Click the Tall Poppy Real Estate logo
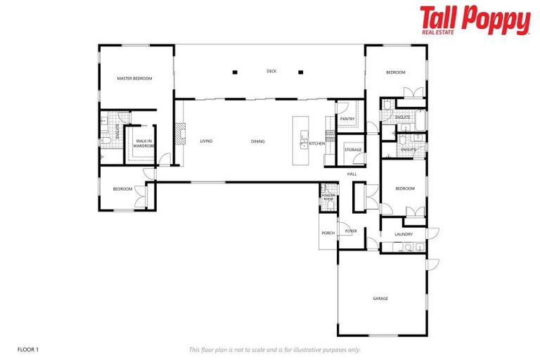475,20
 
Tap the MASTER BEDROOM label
134,79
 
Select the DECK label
271,71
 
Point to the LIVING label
206,141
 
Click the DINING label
258,141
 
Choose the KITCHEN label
317,143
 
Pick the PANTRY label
347,120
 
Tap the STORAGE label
353,150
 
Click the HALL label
352,174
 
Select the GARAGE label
380,299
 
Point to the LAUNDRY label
403,234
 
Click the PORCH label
328,233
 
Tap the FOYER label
350,231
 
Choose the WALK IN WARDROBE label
144,143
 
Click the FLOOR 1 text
27,349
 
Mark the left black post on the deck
236,72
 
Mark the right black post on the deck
300,72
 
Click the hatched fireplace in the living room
180,134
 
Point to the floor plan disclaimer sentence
275,349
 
